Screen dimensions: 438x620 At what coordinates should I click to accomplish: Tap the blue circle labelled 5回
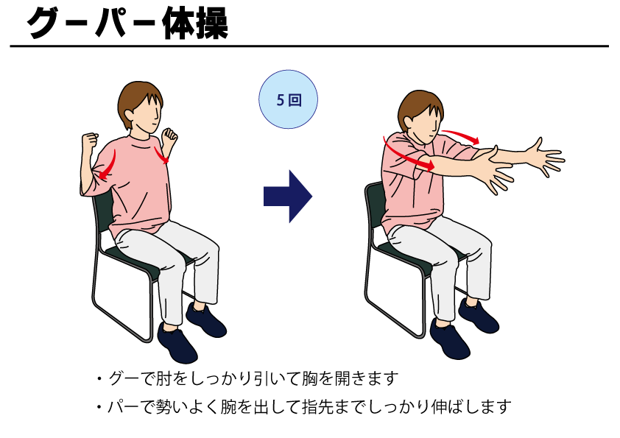[x=287, y=100]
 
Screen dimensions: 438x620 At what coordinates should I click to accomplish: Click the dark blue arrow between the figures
[x=287, y=197]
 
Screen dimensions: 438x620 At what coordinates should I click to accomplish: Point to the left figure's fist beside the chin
[x=170, y=136]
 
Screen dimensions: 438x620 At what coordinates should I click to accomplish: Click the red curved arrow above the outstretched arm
[x=460, y=135]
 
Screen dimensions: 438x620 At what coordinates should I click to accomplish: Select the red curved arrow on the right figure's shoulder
[x=406, y=152]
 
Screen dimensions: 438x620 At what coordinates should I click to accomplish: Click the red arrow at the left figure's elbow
[x=109, y=166]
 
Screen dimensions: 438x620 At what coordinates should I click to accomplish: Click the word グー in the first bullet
[x=118, y=379]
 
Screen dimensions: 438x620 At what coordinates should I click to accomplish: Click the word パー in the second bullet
[x=118, y=406]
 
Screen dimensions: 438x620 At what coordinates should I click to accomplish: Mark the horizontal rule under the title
[x=309, y=46]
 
